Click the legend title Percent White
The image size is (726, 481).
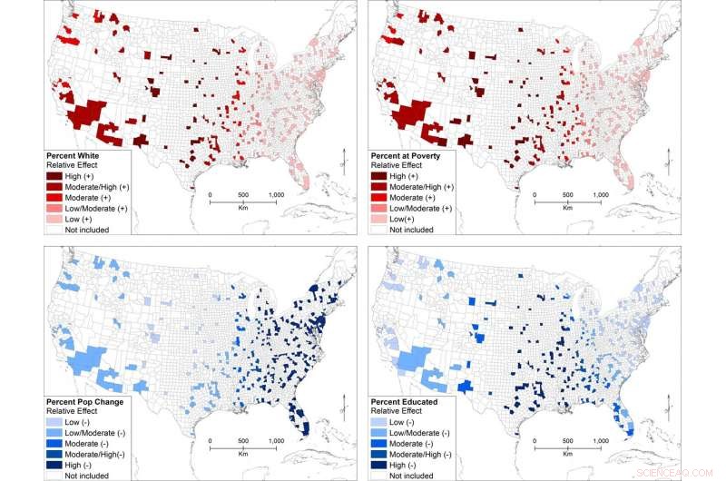pyautogui.click(x=77, y=156)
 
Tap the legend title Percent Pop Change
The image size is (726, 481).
pyautogui.click(x=89, y=400)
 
